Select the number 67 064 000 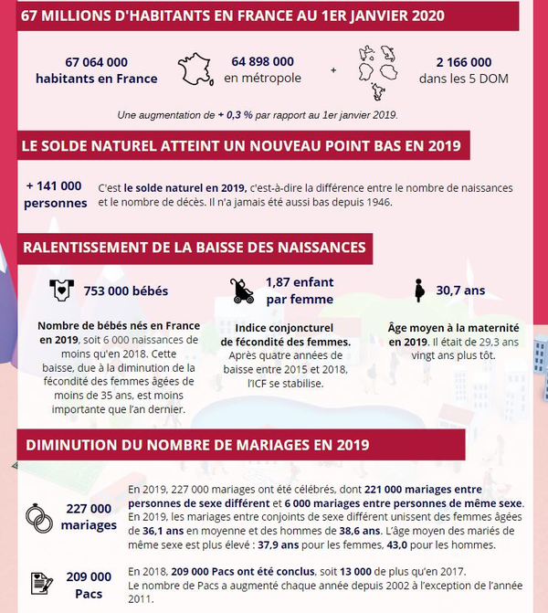[x=97, y=62]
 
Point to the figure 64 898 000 [x=263, y=61]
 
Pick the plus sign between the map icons [x=332, y=70]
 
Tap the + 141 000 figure [x=54, y=185]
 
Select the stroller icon [x=243, y=291]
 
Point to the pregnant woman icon [x=419, y=291]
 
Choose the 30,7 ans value [x=461, y=291]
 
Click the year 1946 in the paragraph [x=376, y=202]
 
